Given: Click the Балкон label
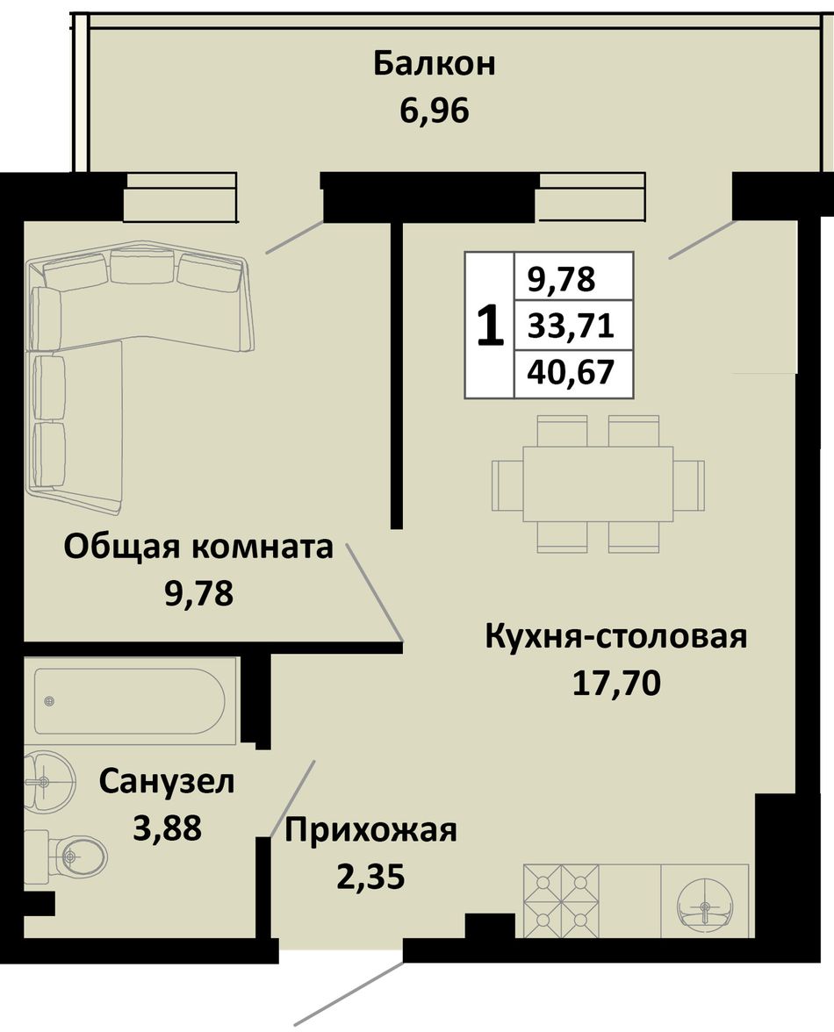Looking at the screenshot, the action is [434, 65].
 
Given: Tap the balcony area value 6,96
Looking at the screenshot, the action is [434, 110].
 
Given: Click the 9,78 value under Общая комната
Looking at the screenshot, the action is [198, 593].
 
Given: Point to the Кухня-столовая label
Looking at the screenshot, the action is [616, 637].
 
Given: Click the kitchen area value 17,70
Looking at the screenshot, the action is [616, 684].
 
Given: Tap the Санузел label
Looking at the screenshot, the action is [167, 783].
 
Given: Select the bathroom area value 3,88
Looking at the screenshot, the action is [167, 828].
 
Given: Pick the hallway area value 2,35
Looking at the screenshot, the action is [370, 878].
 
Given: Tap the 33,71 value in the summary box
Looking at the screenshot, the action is [571, 326].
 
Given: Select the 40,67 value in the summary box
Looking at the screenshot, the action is [571, 372].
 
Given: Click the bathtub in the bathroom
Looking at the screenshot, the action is [130, 702].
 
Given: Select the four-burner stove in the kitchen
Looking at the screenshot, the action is [561, 900].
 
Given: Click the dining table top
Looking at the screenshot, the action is [599, 484].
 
